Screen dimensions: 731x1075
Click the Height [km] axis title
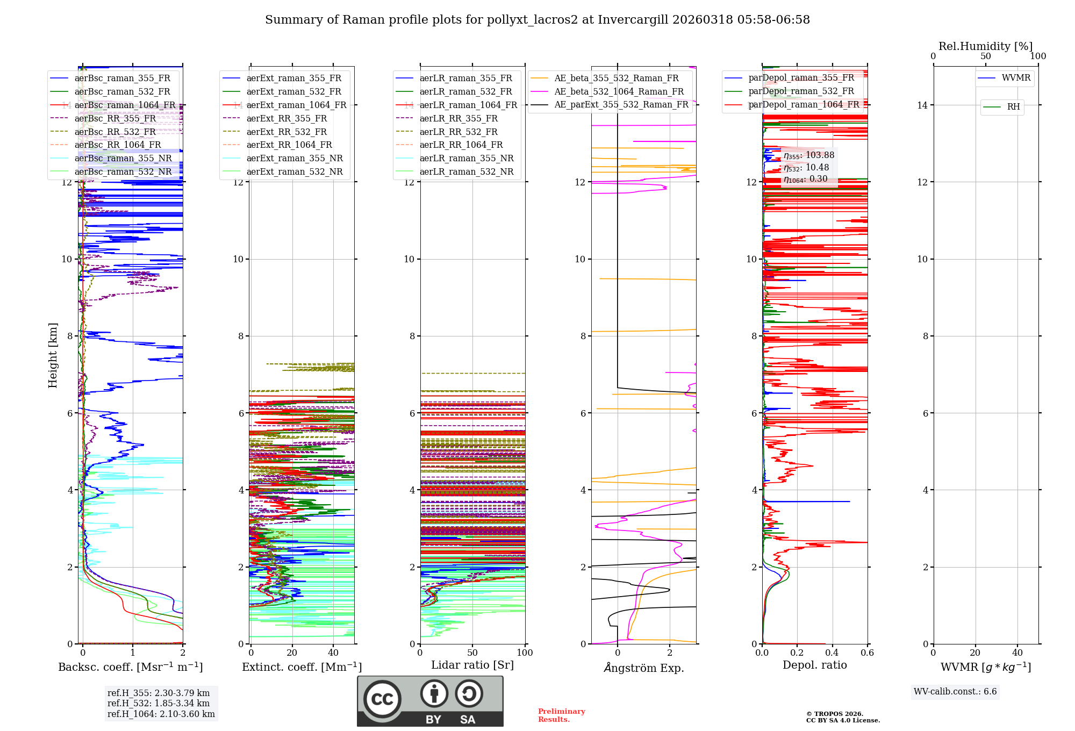click(x=53, y=355)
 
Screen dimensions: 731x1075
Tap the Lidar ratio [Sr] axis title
click(x=472, y=665)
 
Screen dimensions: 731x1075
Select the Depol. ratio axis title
click(x=814, y=665)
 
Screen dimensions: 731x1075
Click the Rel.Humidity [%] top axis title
click(x=985, y=46)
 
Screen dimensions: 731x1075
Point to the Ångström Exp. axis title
click(x=643, y=668)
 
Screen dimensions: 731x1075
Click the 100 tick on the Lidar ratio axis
click(x=525, y=653)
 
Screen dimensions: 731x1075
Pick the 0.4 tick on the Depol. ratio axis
click(x=832, y=653)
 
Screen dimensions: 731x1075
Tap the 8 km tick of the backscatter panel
click(x=69, y=336)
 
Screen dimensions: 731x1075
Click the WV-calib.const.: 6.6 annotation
click(x=955, y=692)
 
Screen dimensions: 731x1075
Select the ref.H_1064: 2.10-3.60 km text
click(x=161, y=714)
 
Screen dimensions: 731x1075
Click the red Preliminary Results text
click(x=561, y=715)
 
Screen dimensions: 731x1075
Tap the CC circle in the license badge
click(x=382, y=699)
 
